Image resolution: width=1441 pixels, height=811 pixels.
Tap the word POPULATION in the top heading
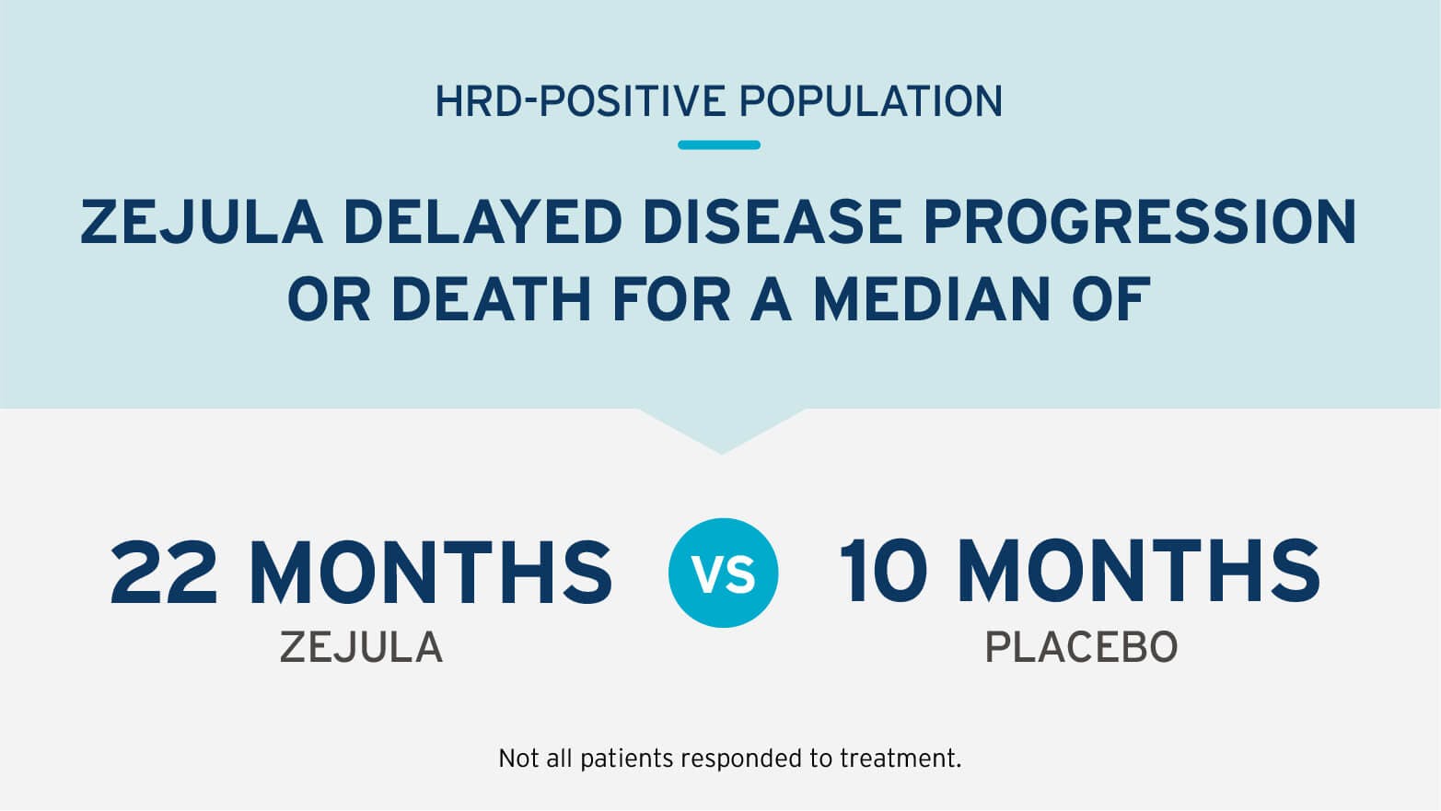click(871, 101)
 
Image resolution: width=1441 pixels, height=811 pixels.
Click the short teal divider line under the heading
click(719, 145)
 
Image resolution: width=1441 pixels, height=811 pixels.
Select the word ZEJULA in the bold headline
click(202, 222)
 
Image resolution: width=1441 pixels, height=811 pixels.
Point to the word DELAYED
click(483, 222)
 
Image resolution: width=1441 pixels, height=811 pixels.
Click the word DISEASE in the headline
click(773, 222)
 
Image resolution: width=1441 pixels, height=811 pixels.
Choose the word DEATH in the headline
click(492, 299)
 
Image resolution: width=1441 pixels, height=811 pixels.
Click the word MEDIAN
click(932, 299)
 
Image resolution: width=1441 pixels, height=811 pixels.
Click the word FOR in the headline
click(671, 299)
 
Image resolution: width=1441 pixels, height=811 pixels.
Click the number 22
click(163, 572)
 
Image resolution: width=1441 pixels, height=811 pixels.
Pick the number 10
click(883, 572)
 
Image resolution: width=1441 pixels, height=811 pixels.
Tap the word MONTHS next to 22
click(431, 572)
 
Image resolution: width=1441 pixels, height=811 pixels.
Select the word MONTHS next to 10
click(1139, 572)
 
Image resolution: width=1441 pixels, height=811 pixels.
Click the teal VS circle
click(723, 573)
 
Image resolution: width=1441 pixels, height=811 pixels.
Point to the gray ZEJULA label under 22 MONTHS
click(362, 647)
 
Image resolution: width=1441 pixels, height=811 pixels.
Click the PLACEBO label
click(1081, 647)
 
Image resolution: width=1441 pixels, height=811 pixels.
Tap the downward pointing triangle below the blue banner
click(721, 428)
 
